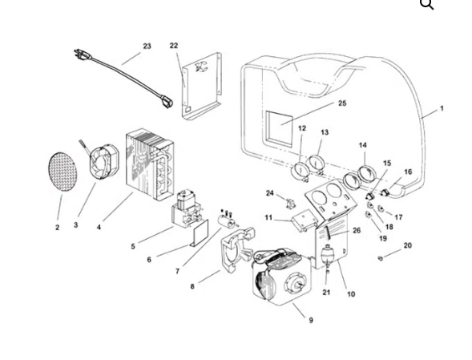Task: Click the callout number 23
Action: click(147, 47)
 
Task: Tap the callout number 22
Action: click(174, 46)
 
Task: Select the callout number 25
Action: click(342, 103)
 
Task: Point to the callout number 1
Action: click(441, 109)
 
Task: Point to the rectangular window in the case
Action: click(280, 129)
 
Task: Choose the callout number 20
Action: click(407, 245)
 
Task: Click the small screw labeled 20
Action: click(381, 257)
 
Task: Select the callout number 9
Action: click(311, 320)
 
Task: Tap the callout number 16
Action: click(408, 172)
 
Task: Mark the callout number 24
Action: click(270, 193)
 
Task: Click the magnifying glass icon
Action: click(427, 6)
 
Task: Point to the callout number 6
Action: click(149, 260)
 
